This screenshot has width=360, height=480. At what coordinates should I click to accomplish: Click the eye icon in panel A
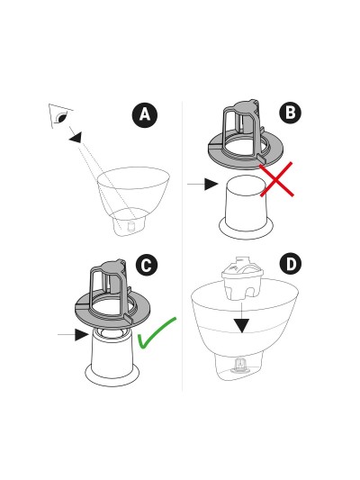tap(60, 117)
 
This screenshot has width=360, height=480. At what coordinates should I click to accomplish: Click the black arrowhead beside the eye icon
tap(76, 137)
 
